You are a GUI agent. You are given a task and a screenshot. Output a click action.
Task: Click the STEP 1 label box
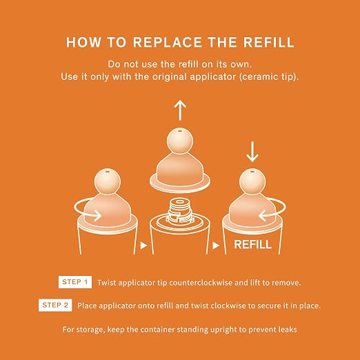coord(75,282)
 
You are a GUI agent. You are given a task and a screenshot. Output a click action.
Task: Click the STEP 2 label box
coord(55,305)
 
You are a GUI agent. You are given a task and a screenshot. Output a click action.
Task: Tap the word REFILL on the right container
coord(252,244)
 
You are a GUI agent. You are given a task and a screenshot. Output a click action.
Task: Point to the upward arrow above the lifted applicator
coord(180,111)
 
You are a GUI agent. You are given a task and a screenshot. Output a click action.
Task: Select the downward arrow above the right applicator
coord(252,152)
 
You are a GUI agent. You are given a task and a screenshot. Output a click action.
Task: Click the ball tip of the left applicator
coord(108,181)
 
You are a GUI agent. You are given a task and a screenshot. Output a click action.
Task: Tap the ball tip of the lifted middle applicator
coord(180,141)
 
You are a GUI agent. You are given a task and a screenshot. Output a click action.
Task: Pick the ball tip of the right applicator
coord(252,181)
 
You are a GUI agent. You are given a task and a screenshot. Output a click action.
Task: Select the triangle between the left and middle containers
coord(143,246)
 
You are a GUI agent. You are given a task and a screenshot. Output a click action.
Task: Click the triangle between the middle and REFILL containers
coord(216,246)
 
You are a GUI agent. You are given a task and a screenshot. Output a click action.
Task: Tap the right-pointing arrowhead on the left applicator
coord(98,215)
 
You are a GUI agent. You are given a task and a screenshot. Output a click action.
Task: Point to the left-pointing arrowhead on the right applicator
coord(262,215)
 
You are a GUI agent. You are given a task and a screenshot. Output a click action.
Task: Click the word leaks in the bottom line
coord(288,329)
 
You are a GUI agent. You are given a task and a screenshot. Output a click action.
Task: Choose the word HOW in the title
coord(83,42)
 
